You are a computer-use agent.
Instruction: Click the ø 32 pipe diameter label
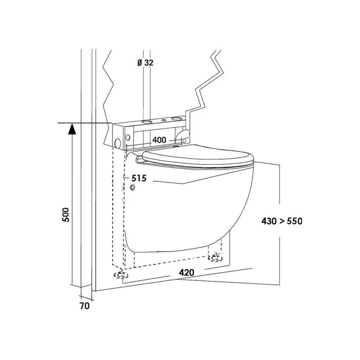[145, 63]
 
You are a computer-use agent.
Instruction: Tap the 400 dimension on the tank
[159, 140]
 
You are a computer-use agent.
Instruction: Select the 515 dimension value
[139, 178]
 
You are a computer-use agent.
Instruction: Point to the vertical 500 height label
[66, 215]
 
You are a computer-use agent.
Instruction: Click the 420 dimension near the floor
[186, 273]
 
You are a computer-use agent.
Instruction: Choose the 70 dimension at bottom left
[85, 306]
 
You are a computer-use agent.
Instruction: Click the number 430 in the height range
[269, 221]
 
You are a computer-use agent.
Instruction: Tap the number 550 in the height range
[295, 221]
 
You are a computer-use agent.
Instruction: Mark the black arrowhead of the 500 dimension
[72, 129]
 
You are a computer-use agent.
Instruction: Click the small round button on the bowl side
[133, 187]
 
